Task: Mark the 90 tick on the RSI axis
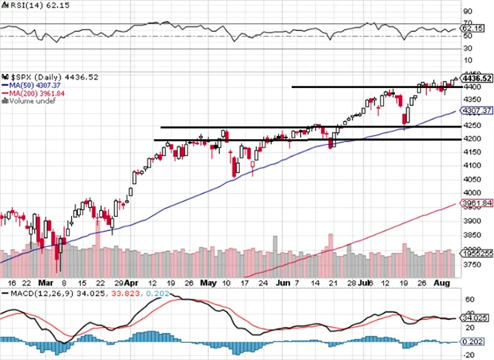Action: (469, 12)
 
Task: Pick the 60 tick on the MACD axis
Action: (469, 297)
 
